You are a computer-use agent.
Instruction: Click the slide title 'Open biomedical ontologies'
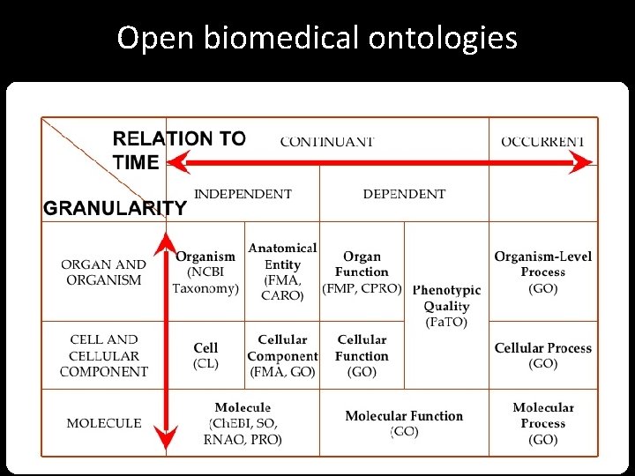317,39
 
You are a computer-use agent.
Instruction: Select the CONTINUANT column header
326,141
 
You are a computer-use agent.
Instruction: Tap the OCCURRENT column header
542,141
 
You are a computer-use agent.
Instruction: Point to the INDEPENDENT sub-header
243,194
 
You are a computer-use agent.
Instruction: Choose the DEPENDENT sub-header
404,194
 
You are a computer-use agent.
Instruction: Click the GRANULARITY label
116,209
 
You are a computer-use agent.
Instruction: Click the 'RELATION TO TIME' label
179,150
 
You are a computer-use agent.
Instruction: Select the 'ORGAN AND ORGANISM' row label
104,272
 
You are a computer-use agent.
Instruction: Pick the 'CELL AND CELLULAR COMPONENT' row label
104,355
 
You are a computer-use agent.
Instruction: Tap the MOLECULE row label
104,423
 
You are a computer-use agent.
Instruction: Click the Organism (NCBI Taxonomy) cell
205,272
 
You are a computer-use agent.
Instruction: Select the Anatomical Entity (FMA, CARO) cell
282,271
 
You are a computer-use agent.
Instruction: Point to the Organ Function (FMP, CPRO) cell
362,272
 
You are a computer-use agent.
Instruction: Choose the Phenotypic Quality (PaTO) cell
446,306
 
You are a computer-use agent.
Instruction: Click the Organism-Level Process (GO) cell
542,272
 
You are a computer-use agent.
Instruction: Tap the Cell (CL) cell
205,355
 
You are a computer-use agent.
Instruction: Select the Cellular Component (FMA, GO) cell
282,355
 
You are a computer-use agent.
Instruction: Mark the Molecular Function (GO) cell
404,423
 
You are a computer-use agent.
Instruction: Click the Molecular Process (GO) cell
542,423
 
